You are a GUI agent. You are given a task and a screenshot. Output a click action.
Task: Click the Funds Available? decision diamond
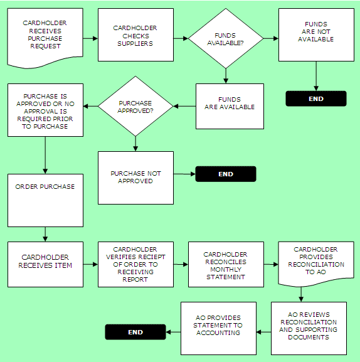(226, 38)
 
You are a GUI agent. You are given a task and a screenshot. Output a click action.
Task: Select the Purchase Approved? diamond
(135, 106)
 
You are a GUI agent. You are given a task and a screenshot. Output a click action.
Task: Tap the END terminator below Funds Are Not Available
(316, 98)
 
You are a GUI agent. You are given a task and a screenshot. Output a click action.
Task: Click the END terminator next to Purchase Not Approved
(226, 174)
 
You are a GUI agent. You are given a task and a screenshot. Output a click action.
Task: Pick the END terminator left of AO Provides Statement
(135, 332)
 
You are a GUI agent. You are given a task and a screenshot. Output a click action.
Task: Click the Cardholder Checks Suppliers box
(135, 35)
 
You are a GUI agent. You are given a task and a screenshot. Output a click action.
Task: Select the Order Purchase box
(45, 200)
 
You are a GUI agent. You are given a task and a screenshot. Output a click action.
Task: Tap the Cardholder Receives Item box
(45, 264)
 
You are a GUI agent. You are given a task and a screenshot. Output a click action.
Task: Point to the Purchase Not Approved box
(135, 178)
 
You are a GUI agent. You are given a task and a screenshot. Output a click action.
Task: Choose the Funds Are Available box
(230, 106)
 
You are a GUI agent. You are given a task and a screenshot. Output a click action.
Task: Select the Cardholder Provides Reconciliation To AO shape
(316, 264)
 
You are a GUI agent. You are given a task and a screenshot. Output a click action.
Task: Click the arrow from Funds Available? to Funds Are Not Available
(271, 38)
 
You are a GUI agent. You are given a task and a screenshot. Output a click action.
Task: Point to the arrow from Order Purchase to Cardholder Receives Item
(45, 235)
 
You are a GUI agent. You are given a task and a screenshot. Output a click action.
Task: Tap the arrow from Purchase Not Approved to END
(184, 174)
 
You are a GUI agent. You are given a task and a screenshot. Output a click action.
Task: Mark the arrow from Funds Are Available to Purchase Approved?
(184, 106)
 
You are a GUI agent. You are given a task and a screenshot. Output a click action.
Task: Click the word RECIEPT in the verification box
(151, 257)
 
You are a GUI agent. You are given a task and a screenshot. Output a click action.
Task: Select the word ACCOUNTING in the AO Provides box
(218, 333)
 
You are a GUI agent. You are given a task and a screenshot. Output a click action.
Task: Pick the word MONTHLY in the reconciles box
(226, 269)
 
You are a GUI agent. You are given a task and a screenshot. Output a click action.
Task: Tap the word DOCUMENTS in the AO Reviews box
(309, 337)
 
